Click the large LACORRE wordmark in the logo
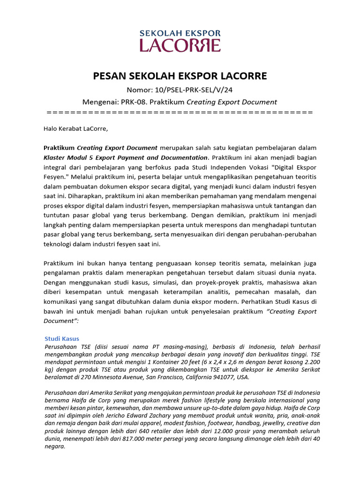[180, 45]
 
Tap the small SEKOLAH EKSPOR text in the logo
[180, 33]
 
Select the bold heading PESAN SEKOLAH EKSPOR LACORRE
[180, 76]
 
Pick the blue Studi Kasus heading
[62, 338]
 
